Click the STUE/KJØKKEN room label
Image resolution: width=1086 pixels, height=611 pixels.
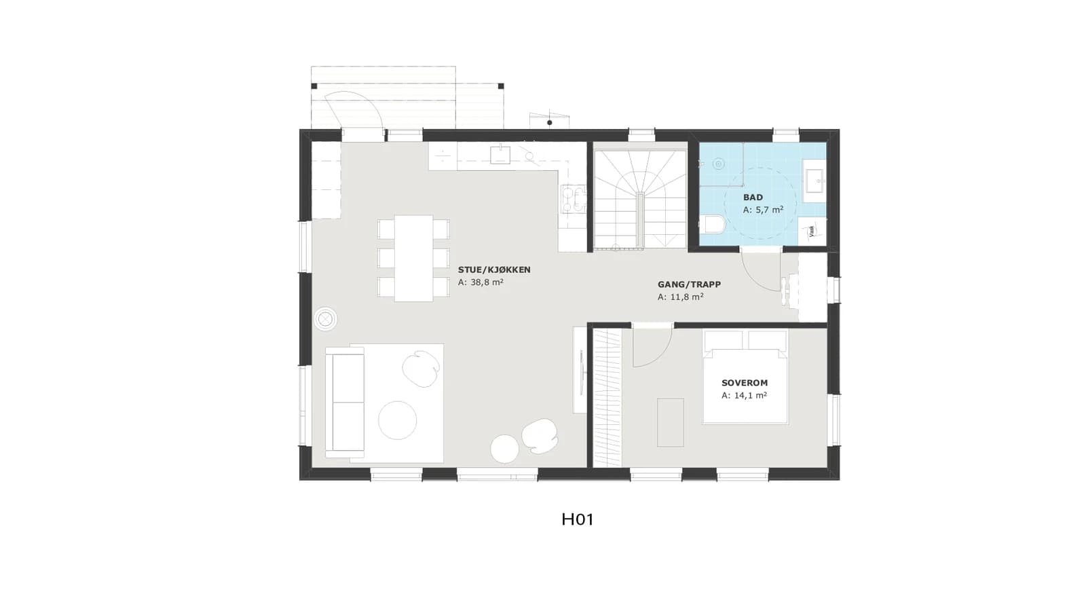[x=494, y=270]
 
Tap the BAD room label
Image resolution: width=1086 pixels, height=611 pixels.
[x=753, y=198]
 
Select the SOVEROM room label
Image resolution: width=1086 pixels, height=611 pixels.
[x=744, y=383]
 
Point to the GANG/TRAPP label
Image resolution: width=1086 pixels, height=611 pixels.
[x=689, y=284]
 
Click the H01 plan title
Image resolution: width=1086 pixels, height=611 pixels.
[x=578, y=519]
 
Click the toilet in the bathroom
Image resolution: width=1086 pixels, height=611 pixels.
[x=712, y=225]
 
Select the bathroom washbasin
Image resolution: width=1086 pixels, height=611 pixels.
[x=814, y=181]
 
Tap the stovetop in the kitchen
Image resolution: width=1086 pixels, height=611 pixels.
[x=574, y=199]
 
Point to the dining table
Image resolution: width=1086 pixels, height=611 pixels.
[x=413, y=259]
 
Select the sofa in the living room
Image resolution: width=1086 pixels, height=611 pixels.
[x=345, y=402]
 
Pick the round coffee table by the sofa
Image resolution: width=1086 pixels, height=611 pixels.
[x=398, y=420]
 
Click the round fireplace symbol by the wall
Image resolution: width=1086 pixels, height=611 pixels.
[x=326, y=320]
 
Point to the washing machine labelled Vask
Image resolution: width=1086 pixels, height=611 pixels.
[x=812, y=232]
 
